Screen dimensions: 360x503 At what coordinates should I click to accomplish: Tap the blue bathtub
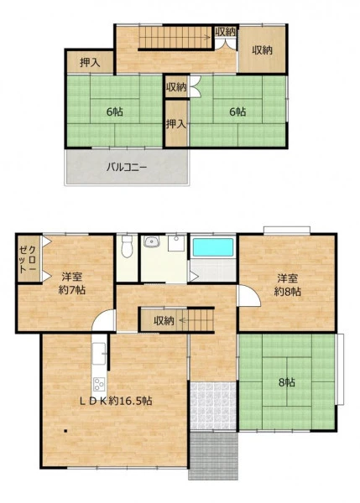coord(212,247)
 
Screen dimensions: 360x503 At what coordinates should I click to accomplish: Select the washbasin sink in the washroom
coord(152,241)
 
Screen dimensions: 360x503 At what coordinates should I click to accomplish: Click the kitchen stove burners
coord(99,384)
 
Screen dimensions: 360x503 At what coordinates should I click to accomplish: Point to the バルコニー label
coord(127,167)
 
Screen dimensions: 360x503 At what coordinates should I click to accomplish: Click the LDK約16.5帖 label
coord(116,401)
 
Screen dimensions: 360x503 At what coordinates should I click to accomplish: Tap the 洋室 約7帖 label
coord(72,283)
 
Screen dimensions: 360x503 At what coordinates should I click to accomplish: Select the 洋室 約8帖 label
coord(288,285)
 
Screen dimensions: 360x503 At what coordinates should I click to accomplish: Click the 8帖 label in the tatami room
coord(287,382)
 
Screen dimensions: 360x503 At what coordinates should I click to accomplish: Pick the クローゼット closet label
coord(29,259)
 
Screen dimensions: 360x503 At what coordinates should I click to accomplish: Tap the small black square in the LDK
coord(65,431)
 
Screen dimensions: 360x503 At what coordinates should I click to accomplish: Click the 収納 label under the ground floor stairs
coord(164,320)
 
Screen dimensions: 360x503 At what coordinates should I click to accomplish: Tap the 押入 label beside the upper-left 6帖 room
coord(90,63)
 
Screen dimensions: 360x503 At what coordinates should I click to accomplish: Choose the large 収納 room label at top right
coord(262,50)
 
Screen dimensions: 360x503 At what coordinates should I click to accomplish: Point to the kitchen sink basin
coord(98,354)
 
